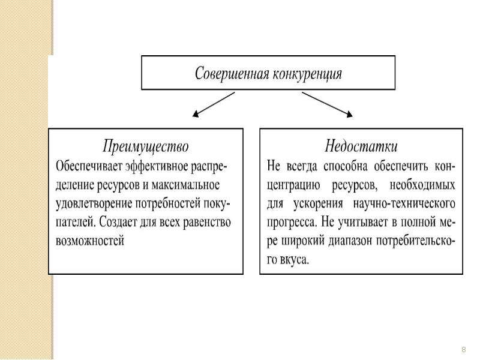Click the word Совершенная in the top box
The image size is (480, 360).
[231, 73]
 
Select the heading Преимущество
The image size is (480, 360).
[146, 146]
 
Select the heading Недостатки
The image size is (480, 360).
[361, 146]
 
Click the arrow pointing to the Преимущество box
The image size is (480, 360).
[214, 104]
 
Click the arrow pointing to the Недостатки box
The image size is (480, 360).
[327, 104]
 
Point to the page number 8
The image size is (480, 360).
[463, 350]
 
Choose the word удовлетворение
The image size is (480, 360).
[94, 204]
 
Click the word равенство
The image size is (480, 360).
[207, 223]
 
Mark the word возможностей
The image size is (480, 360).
[89, 241]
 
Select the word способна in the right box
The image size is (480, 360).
[346, 167]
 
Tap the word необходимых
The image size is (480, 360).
[422, 185]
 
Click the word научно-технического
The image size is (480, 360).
[404, 204]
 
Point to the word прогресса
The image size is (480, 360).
[292, 223]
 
